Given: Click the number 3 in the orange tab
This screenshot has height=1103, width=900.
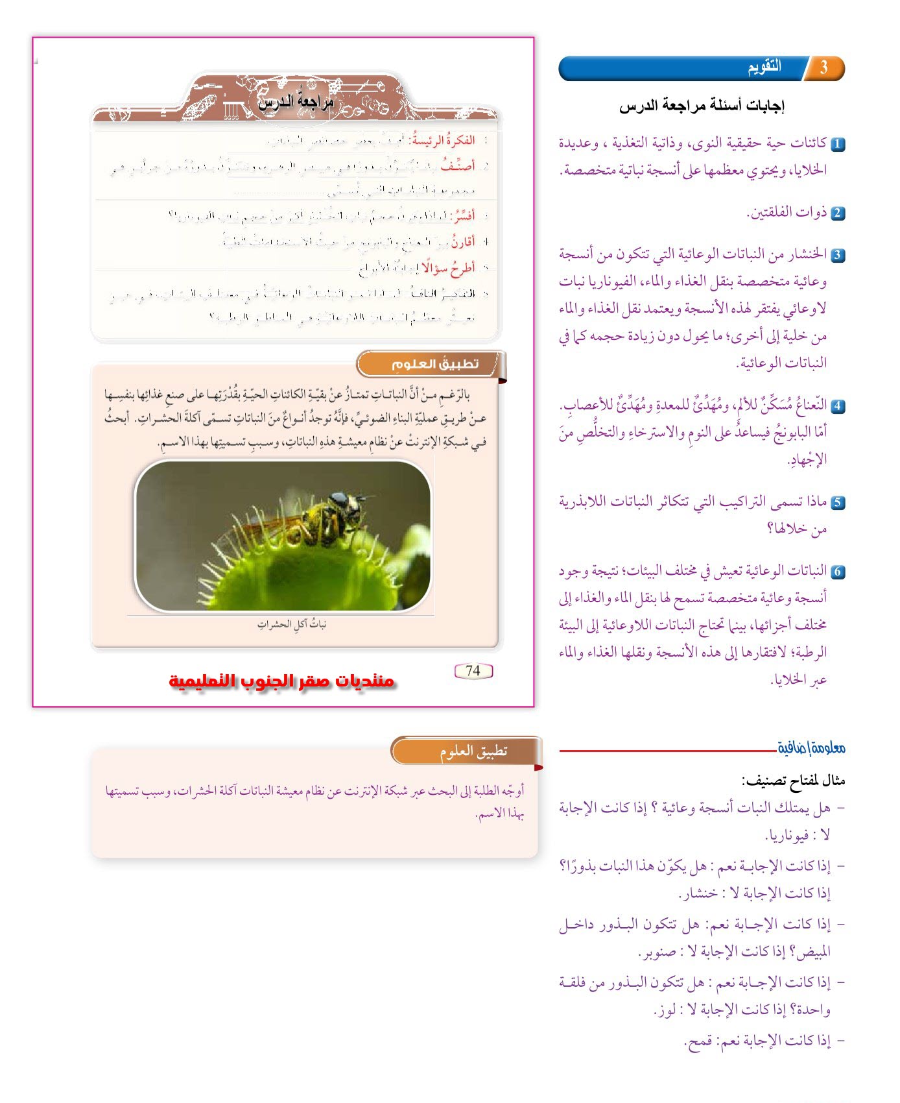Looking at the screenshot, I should coord(823,68).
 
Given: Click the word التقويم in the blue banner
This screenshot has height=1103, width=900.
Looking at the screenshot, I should coord(764,67).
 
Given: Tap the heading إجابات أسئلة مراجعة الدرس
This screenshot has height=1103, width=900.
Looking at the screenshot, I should coord(702,106).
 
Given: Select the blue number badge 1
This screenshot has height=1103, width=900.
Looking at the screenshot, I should coord(838,144).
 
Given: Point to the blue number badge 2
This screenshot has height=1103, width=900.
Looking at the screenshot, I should coord(838,213).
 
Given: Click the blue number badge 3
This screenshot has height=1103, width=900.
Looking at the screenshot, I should coord(838,255).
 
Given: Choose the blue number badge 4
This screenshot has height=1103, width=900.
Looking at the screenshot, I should coord(838,407).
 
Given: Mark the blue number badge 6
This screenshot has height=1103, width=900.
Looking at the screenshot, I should coord(838,572).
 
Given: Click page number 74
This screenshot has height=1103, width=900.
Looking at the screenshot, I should coord(473,671).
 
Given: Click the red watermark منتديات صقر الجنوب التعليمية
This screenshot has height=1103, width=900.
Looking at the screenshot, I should coord(282,681).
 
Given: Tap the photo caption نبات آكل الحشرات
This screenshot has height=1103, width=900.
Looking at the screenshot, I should coord(291,625).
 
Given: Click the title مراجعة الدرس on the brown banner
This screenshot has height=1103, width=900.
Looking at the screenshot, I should coord(296,103).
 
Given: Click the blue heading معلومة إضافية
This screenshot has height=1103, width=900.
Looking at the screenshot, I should coord(811,748).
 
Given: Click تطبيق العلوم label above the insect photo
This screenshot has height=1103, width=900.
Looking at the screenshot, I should coord(434,364).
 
